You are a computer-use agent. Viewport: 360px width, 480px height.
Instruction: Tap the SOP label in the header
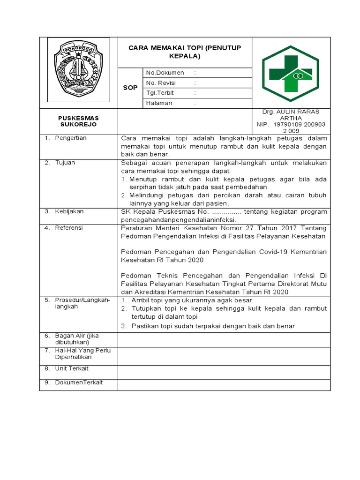[130, 88]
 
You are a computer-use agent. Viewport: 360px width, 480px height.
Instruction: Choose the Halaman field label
[159, 103]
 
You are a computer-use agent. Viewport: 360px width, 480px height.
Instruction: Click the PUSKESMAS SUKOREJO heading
[78, 121]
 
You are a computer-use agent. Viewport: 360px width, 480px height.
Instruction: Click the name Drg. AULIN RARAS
[291, 112]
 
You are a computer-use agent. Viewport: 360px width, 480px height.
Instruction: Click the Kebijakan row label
[69, 211]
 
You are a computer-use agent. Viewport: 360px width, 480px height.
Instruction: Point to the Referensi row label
[69, 227]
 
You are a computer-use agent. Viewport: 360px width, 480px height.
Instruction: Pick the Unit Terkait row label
[72, 368]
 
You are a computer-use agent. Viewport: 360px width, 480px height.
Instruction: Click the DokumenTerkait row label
[79, 382]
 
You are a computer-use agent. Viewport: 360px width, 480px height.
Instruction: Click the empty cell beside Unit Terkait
[224, 371]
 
